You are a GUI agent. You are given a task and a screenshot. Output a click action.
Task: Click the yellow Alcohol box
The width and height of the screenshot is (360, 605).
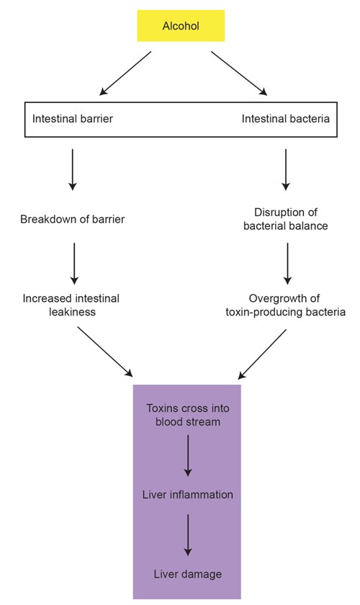(181, 25)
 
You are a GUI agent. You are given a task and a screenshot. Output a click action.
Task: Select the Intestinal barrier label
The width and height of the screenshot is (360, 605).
(73, 118)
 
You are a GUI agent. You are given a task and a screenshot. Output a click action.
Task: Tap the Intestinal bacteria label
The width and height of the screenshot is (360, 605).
(286, 118)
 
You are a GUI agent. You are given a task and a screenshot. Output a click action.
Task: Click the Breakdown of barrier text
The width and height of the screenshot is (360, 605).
(72, 219)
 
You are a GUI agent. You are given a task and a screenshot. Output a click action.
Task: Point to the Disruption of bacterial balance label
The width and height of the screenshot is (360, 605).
(286, 219)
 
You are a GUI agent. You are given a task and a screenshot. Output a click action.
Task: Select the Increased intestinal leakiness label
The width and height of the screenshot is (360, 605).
(71, 305)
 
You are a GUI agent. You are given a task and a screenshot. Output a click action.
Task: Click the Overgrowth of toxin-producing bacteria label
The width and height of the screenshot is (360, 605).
(285, 305)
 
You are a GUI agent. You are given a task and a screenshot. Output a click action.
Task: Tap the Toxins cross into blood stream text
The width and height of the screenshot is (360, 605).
(187, 415)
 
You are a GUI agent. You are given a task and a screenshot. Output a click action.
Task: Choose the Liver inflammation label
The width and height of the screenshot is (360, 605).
(187, 495)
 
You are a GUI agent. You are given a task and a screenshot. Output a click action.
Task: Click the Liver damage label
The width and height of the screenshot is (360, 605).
(187, 574)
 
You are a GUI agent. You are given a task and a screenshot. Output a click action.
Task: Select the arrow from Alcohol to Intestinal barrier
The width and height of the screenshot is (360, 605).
(125, 73)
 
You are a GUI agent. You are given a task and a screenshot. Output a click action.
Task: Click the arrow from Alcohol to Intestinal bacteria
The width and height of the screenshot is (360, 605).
(239, 73)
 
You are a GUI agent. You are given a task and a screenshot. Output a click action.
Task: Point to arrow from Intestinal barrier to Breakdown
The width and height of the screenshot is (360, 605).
(73, 170)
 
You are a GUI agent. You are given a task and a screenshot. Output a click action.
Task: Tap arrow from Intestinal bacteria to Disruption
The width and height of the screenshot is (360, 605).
(286, 170)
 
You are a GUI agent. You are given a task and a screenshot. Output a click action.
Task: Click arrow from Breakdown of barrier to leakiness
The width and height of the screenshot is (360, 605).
(74, 264)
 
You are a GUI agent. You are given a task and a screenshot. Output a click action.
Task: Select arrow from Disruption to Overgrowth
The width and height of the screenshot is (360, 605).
(287, 264)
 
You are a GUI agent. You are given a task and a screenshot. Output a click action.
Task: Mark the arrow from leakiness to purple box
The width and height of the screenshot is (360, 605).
(105, 351)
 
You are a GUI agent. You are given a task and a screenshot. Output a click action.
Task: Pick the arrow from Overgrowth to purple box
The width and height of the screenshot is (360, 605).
(262, 354)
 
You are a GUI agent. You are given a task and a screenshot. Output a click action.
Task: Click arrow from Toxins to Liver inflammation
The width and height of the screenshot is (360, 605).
(188, 456)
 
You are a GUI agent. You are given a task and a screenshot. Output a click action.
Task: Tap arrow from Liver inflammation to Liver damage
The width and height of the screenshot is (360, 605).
(188, 535)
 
